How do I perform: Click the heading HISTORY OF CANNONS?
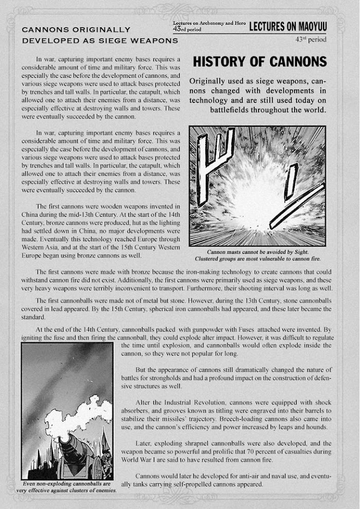pyautogui.click(x=260, y=62)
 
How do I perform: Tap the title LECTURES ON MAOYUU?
pyautogui.click(x=287, y=27)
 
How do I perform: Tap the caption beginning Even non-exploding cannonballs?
pyautogui.click(x=67, y=487)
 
